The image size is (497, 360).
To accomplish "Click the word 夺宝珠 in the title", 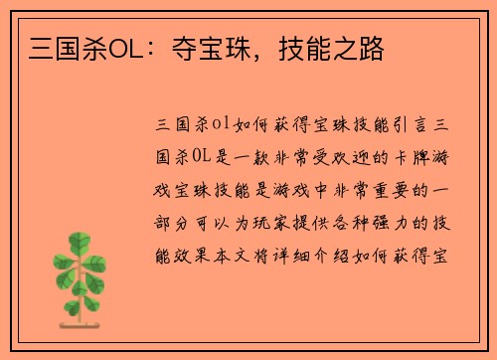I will [x=208, y=47].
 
